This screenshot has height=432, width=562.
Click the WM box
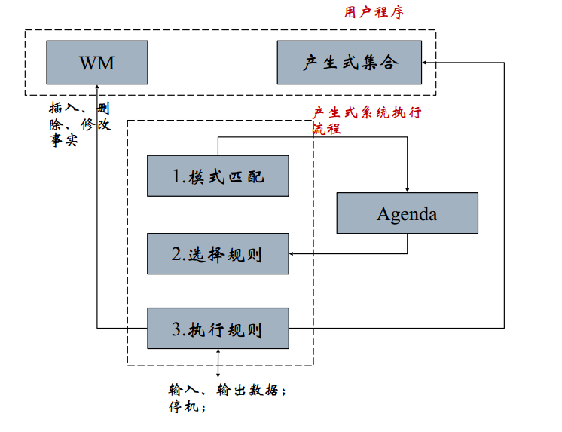(x=96, y=62)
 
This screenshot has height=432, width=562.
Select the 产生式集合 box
(x=349, y=62)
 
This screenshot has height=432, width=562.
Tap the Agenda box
(x=407, y=213)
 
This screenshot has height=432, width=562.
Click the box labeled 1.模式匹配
(x=218, y=176)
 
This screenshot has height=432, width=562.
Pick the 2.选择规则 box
(x=218, y=254)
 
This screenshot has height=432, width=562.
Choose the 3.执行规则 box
(x=218, y=329)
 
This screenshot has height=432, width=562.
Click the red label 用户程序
(x=374, y=12)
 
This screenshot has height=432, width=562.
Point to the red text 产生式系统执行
(x=367, y=113)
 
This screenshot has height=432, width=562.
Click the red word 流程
(x=327, y=129)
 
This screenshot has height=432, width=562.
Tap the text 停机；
(x=187, y=407)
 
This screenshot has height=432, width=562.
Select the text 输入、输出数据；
(x=228, y=391)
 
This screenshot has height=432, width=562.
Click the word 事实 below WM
(x=64, y=140)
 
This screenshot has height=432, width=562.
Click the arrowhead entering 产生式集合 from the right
(x=426, y=63)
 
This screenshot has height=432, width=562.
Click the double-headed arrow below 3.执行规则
(x=218, y=363)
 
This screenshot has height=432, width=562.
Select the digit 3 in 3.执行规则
(x=176, y=329)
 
